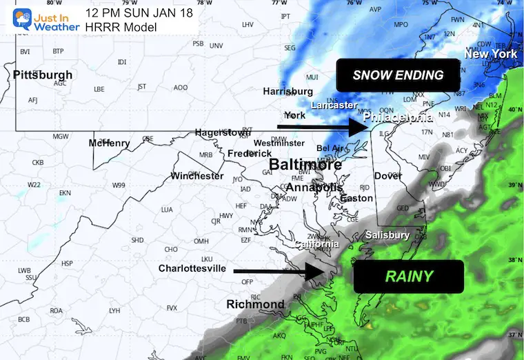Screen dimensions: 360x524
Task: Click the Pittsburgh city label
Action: pyautogui.click(x=43, y=74)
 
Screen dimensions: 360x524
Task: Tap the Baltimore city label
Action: pyautogui.click(x=305, y=166)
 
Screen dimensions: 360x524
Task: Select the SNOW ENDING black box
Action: pyautogui.click(x=398, y=75)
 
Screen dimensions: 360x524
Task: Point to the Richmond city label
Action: pyautogui.click(x=255, y=304)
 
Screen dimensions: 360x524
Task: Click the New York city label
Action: pyautogui.click(x=490, y=54)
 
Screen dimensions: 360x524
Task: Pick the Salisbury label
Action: pyautogui.click(x=387, y=235)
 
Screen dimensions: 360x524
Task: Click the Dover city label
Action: pyautogui.click(x=387, y=176)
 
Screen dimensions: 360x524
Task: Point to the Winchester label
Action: pyautogui.click(x=197, y=176)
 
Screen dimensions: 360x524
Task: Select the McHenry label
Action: pyautogui.click(x=109, y=143)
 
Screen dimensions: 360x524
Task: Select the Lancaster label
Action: pyautogui.click(x=334, y=106)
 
